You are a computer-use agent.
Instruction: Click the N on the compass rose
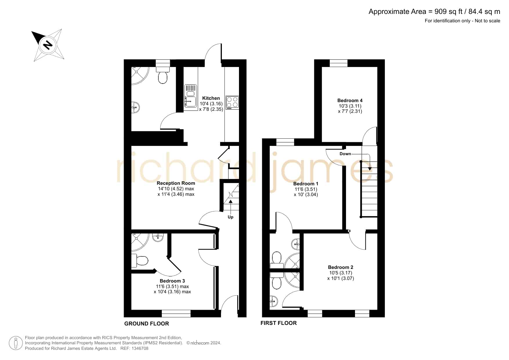click(48, 45)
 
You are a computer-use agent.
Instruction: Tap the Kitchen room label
click(211, 98)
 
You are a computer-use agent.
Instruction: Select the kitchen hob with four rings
click(232, 102)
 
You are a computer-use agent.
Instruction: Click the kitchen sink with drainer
click(191, 97)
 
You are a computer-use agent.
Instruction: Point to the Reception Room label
click(176, 183)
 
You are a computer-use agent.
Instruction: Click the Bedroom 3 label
click(172, 281)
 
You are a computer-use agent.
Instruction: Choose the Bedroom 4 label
click(350, 100)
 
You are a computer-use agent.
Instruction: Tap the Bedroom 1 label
click(306, 184)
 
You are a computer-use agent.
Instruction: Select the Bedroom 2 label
click(340, 267)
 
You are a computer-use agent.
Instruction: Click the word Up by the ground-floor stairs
click(231, 217)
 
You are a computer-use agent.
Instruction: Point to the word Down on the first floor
click(345, 154)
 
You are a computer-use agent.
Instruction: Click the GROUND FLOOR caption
click(146, 323)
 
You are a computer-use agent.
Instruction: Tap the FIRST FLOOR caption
click(278, 323)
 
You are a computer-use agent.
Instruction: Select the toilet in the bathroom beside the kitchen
click(163, 75)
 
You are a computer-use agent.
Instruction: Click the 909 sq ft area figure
click(447, 12)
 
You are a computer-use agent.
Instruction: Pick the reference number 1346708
click(140, 348)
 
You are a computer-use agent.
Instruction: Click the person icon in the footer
click(16, 343)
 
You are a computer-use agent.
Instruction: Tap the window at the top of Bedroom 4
click(338, 63)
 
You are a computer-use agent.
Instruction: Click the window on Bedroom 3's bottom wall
click(176, 314)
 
